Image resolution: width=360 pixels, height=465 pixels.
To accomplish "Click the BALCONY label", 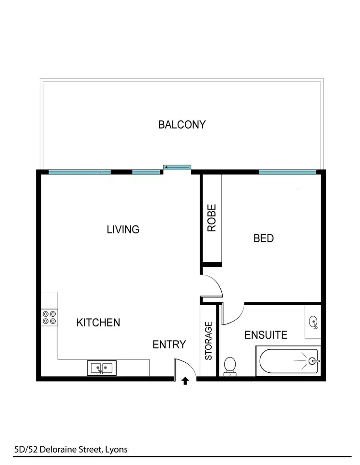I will click(182, 125).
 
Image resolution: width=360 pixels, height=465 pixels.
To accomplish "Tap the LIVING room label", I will click(123, 229).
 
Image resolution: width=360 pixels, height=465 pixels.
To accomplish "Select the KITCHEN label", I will click(98, 322).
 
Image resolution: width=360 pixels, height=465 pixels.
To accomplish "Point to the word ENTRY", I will click(169, 344).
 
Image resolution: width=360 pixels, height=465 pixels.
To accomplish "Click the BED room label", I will click(264, 238).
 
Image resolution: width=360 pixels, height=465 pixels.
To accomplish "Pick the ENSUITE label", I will click(266, 334).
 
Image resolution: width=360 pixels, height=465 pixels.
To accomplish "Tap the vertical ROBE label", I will click(212, 218).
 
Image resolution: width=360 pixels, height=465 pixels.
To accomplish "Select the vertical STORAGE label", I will click(209, 341).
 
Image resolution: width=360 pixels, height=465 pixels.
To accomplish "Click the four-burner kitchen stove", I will click(49, 318).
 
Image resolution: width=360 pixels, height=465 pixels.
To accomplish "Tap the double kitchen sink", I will click(101, 368).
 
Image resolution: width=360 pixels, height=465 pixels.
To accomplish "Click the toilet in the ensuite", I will click(229, 366).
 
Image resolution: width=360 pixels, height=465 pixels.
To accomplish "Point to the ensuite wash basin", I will click(313, 322).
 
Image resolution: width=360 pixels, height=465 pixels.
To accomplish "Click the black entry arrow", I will click(186, 382).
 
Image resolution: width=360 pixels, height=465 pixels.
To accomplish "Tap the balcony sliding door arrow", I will click(177, 167).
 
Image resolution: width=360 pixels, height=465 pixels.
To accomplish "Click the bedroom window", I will click(288, 172).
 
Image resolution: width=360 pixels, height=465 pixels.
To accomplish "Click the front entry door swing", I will click(183, 369).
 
